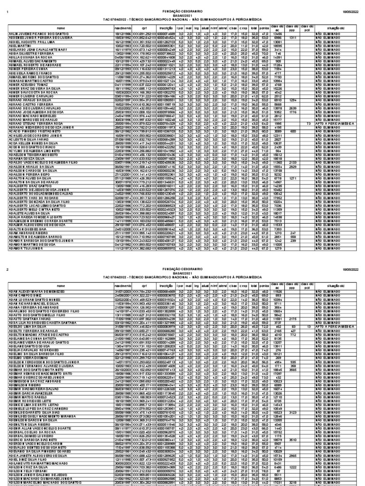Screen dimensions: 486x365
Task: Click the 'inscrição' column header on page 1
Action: coord(163,28)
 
